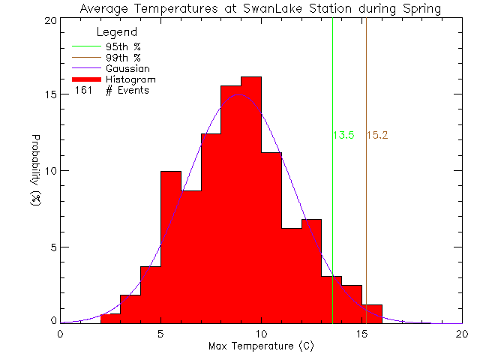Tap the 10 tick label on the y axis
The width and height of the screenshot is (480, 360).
[49, 171]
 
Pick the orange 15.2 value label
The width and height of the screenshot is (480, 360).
[376, 136]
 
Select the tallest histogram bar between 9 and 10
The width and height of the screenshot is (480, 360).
[250, 202]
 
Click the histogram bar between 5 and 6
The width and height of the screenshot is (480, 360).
[170, 247]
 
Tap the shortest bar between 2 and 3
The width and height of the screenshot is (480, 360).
[110, 319]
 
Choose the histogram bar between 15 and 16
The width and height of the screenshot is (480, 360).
[371, 314]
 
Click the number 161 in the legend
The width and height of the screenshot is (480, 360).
[83, 91]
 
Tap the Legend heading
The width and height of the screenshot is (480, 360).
[117, 32]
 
